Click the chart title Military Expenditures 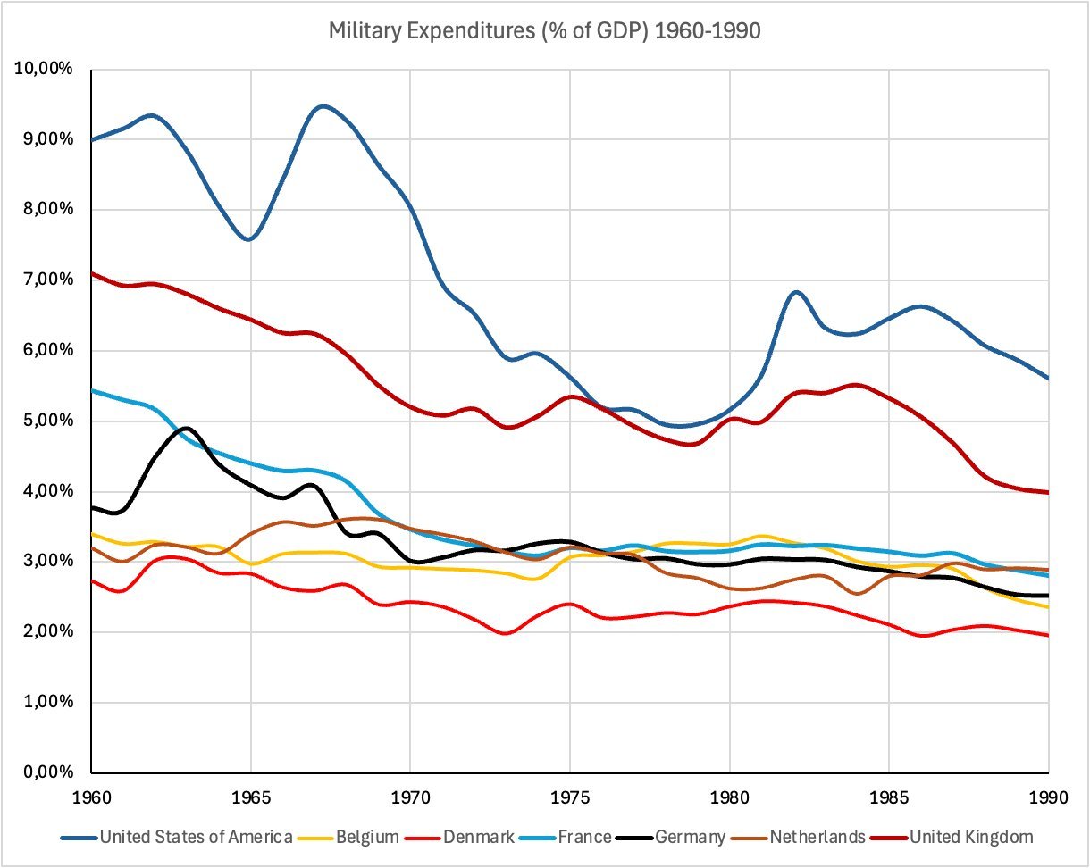tap(545, 31)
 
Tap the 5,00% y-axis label tap(47, 421)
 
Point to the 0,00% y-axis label tap(47, 772)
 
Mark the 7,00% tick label tap(47, 280)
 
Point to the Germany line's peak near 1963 tap(187, 429)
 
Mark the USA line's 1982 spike tap(797, 292)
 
